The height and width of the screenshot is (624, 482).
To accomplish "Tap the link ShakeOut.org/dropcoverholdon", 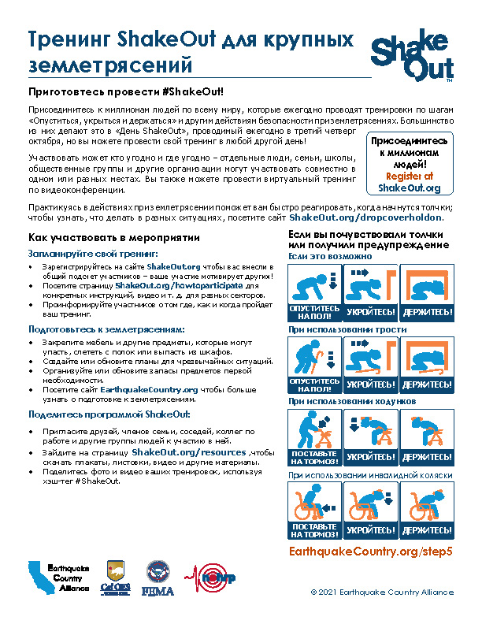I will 366,217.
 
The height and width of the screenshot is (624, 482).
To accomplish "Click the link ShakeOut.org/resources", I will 189,453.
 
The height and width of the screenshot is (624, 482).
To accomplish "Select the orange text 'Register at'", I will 409,176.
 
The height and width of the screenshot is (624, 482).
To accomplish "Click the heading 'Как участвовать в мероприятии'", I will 113,238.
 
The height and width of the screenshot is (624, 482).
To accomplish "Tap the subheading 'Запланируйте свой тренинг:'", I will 94,254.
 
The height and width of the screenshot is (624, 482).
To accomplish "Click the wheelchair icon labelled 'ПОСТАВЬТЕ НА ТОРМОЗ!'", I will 314,510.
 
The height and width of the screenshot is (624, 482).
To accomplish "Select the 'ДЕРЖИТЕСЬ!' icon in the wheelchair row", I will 427,510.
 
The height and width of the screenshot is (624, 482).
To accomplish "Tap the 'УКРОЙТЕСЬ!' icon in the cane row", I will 371,365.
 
